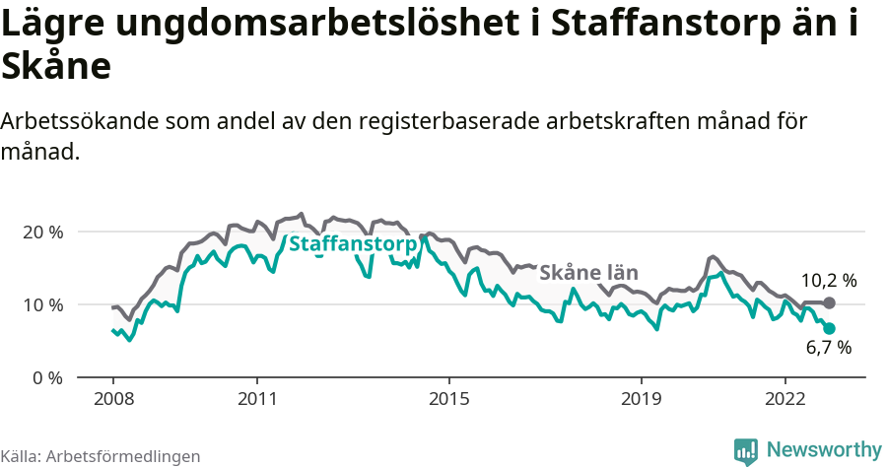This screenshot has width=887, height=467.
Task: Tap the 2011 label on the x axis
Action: point(256,401)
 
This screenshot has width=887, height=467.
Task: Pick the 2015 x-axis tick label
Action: point(448,401)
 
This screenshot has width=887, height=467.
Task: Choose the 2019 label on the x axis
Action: point(641,401)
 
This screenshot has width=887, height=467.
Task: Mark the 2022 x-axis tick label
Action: point(785,401)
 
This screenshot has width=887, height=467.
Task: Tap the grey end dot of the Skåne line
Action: point(829,302)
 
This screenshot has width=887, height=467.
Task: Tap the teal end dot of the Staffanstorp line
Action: point(829,328)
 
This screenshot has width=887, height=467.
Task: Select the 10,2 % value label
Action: point(828,281)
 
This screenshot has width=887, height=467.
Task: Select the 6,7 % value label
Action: point(828,348)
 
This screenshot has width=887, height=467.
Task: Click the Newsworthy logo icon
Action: point(746,451)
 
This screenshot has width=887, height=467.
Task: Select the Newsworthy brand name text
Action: point(824,450)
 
